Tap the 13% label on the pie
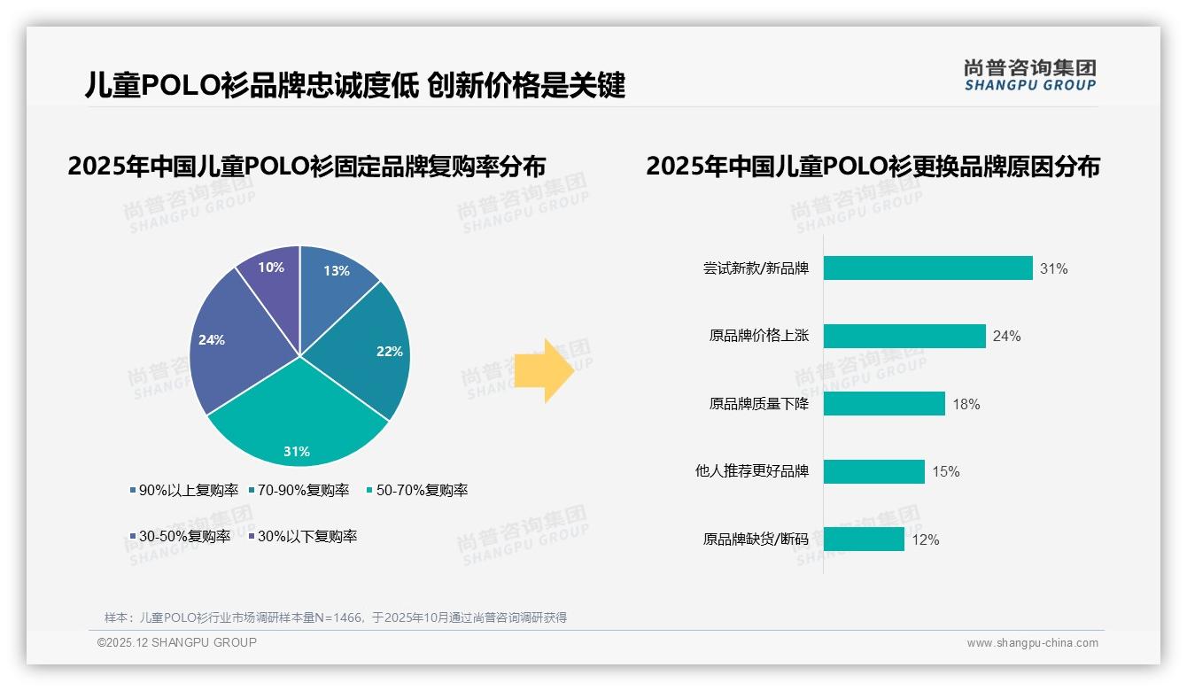(x=337, y=271)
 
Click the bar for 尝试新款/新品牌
(x=927, y=268)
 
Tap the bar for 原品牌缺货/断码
(x=864, y=539)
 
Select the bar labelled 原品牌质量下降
(x=884, y=404)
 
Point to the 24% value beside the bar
(x=1006, y=337)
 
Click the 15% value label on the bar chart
(x=945, y=471)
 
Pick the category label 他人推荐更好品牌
(x=752, y=471)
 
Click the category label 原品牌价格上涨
(x=759, y=337)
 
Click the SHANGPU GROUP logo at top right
(x=1029, y=75)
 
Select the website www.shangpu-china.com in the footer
(x=1032, y=643)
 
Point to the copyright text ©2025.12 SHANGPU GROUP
(x=177, y=642)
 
